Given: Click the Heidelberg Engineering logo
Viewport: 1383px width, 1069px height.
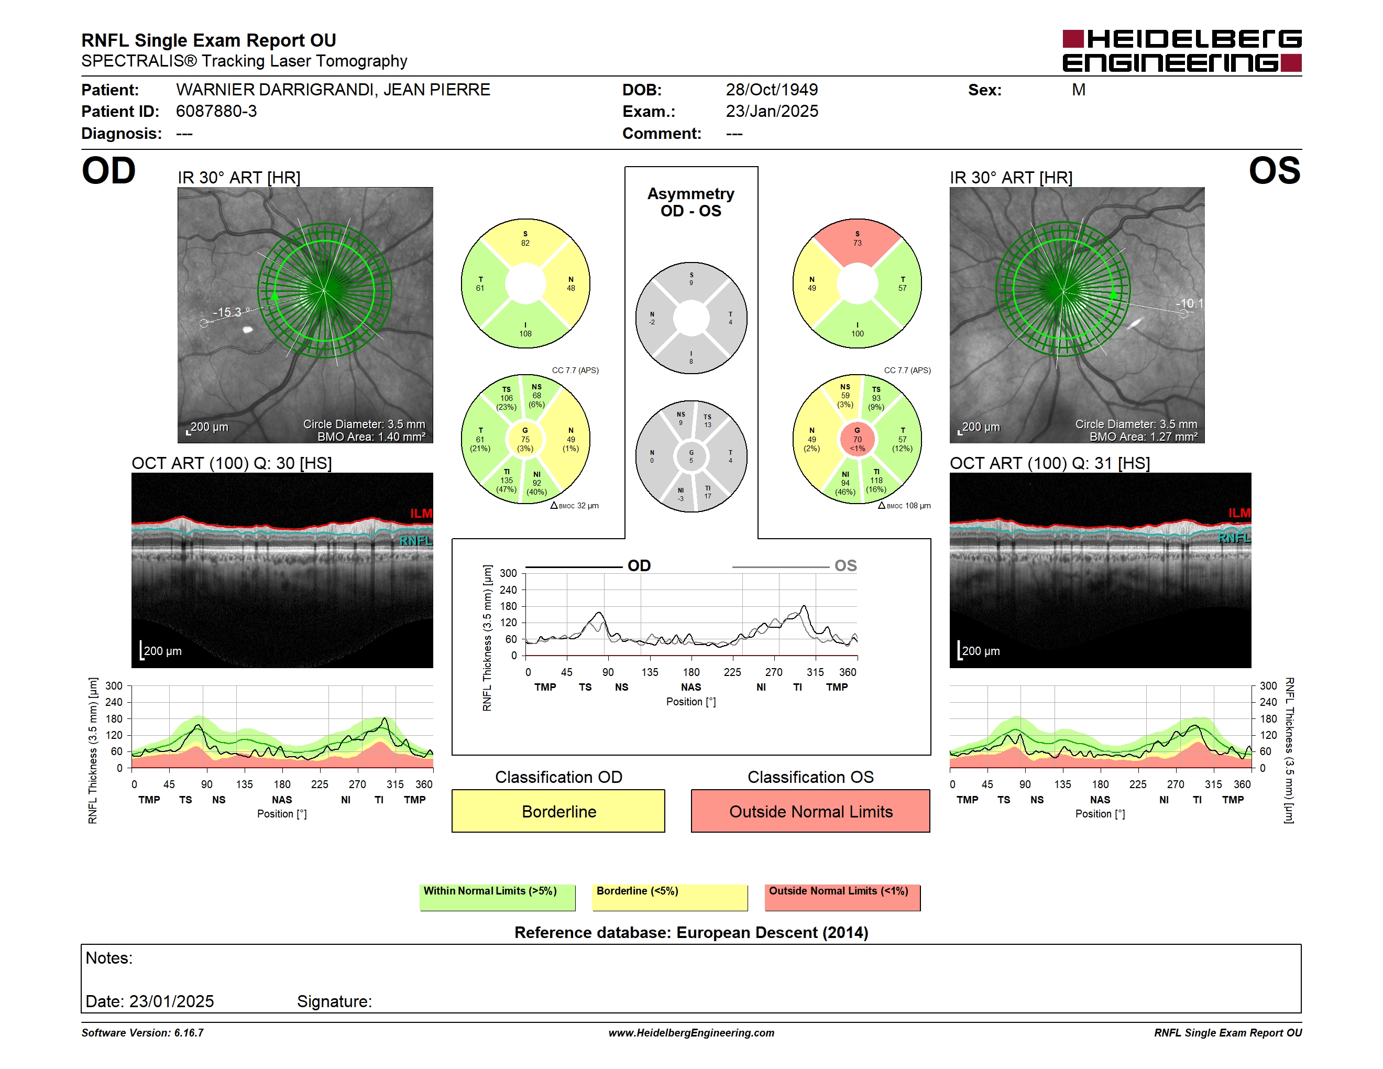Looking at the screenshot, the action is tap(1182, 51).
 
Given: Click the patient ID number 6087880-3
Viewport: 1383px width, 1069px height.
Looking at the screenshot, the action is tap(216, 112).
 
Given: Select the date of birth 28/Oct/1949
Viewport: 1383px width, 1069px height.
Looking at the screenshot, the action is tap(771, 90).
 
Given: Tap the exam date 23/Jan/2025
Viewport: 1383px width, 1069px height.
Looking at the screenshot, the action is tap(771, 112).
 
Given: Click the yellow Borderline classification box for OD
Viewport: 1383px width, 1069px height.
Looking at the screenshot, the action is tap(558, 811).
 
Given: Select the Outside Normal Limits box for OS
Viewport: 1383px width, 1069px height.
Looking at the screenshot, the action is tap(810, 811).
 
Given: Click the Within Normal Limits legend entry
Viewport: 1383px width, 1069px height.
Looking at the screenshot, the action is tap(497, 897).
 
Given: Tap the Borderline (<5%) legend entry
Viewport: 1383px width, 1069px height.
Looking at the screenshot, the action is tap(669, 897).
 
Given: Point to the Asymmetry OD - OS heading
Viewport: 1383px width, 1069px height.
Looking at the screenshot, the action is tap(691, 202).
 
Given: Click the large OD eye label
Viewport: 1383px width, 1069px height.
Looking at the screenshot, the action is tap(108, 171).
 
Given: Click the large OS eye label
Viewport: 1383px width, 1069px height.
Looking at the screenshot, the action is tap(1274, 171).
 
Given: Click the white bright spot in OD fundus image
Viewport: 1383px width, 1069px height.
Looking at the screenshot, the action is tap(248, 329).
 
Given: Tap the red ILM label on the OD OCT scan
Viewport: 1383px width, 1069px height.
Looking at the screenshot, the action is tap(421, 513).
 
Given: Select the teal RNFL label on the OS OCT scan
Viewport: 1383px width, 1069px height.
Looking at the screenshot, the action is tap(1234, 538).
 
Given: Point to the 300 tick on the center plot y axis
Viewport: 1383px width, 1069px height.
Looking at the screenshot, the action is tap(508, 573).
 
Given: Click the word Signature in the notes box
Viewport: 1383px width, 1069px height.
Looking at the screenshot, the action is tap(334, 1001).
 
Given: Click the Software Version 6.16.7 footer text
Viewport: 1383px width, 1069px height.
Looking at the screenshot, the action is tap(142, 1033).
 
